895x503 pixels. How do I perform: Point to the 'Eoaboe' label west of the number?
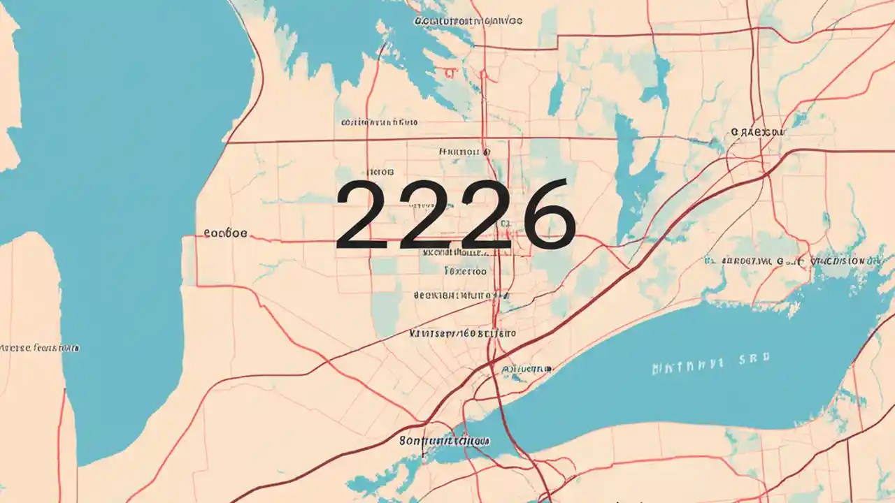pos(225,234)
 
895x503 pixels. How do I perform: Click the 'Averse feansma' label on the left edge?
pos(39,347)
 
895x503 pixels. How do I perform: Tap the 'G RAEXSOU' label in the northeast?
pos(757,131)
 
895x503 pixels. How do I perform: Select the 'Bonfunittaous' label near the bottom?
pos(444,441)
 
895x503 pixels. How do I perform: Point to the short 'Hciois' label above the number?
pos(380,171)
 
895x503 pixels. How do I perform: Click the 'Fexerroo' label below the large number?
pos(465,270)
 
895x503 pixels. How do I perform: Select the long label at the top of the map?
pos(468,21)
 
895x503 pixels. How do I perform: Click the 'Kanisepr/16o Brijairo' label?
pos(462,333)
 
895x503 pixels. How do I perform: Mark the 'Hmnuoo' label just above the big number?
pos(463,151)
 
